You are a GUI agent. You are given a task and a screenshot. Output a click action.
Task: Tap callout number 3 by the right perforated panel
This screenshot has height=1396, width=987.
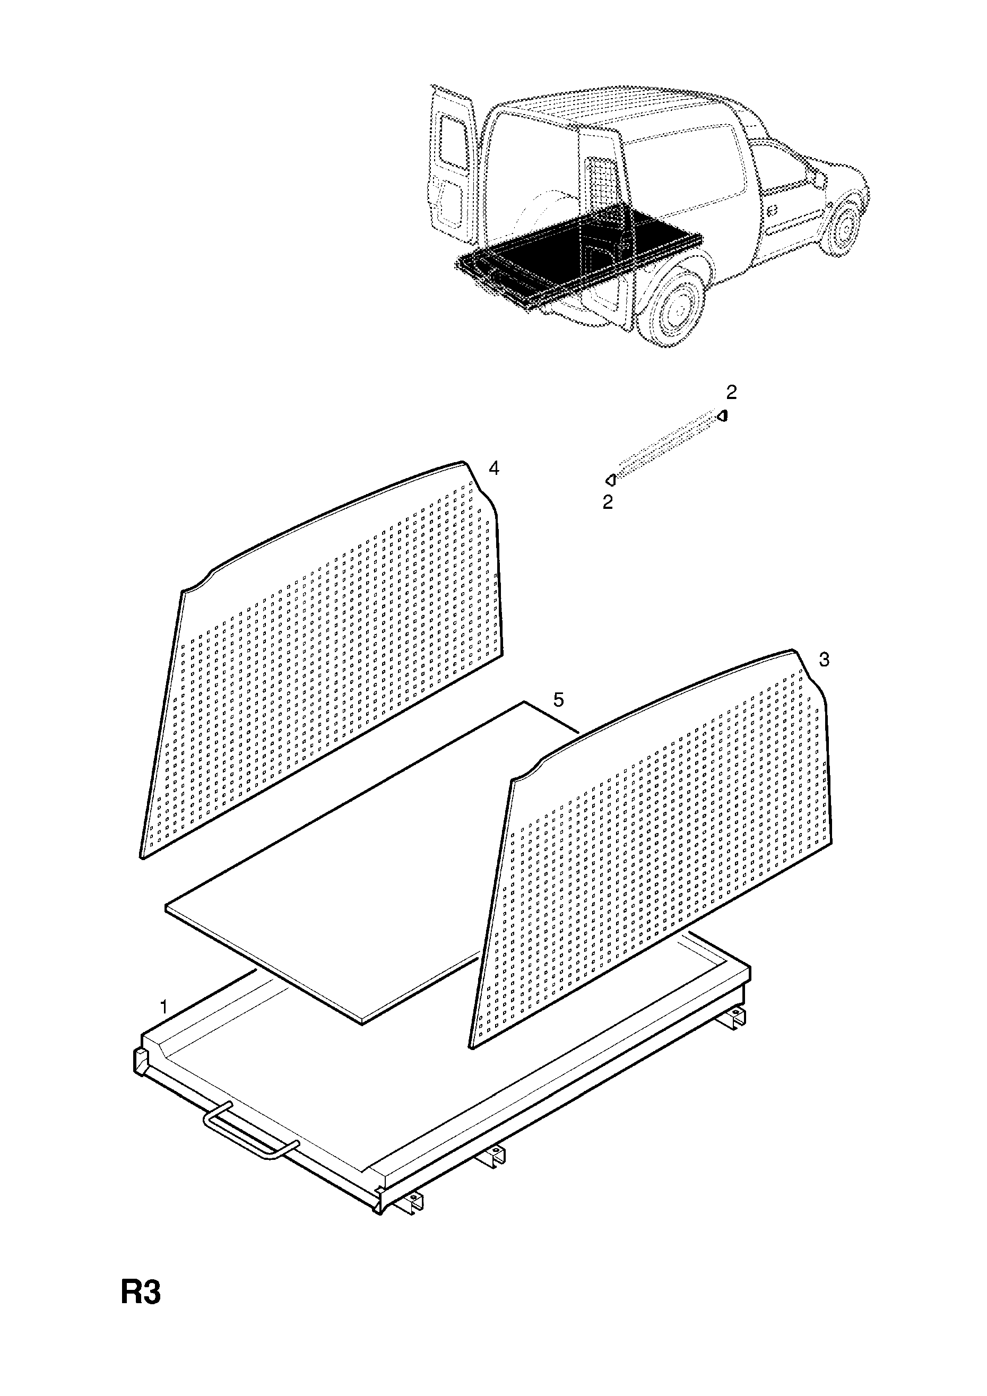[x=824, y=660]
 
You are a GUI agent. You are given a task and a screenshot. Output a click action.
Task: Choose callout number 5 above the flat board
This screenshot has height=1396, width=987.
[x=558, y=700]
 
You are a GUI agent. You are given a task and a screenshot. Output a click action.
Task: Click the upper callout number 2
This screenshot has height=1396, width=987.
[x=732, y=393]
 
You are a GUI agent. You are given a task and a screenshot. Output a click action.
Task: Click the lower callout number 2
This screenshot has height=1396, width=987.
[x=608, y=502]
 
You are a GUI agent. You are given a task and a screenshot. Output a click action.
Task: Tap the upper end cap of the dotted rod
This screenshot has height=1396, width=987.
[x=722, y=416]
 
